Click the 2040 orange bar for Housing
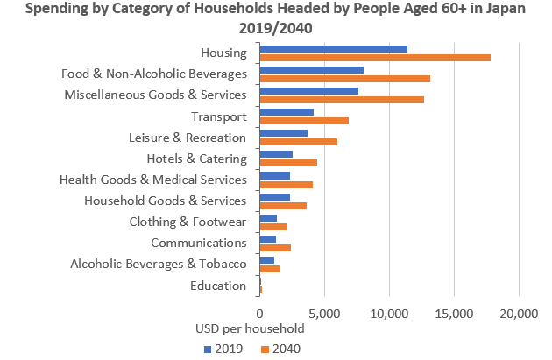(x=375, y=58)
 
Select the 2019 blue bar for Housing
(x=334, y=48)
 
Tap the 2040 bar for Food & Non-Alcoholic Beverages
(x=345, y=79)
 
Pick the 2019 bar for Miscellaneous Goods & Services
(x=309, y=90)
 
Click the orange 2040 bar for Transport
(x=304, y=121)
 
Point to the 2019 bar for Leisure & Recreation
(x=284, y=132)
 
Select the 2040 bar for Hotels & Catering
(x=288, y=163)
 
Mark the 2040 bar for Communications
(x=275, y=248)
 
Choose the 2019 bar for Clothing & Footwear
(x=268, y=217)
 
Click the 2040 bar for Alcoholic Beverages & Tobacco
(x=270, y=269)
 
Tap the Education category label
(x=218, y=286)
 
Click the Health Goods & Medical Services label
(x=153, y=180)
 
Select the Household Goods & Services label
(x=166, y=201)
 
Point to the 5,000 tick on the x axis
(x=324, y=313)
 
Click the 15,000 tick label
(x=455, y=313)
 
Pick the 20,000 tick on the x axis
(x=520, y=313)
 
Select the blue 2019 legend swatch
(x=209, y=348)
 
